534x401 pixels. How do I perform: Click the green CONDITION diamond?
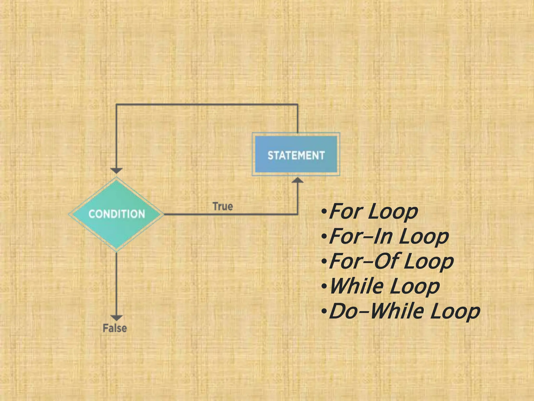coord(116,214)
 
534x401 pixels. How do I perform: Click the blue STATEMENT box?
coord(296,155)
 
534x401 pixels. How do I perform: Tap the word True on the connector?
coord(223,206)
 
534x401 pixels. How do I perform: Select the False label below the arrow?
coord(115,328)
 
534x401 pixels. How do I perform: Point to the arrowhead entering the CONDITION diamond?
coord(116,170)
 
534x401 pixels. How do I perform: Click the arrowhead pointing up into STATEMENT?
coord(298,180)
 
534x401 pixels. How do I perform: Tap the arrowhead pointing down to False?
coord(116,318)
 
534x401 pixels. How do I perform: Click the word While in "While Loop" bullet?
coord(356,286)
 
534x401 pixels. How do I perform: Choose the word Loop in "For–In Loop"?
coord(424,237)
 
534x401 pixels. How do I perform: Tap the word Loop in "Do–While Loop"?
coord(455,312)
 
